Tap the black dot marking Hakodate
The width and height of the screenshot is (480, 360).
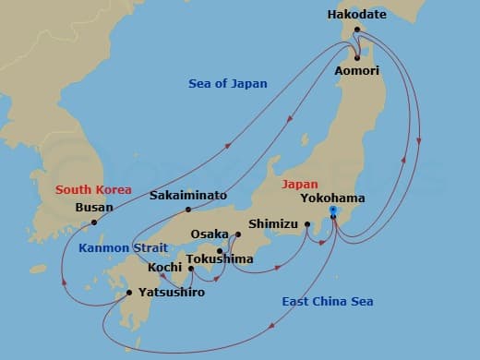click(358, 30)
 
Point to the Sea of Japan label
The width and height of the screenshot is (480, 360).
click(227, 84)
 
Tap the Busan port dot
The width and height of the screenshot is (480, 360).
click(94, 222)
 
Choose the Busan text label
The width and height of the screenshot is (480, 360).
click(95, 208)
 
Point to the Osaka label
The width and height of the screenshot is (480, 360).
click(209, 234)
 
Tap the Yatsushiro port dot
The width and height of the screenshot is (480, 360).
click(127, 293)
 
